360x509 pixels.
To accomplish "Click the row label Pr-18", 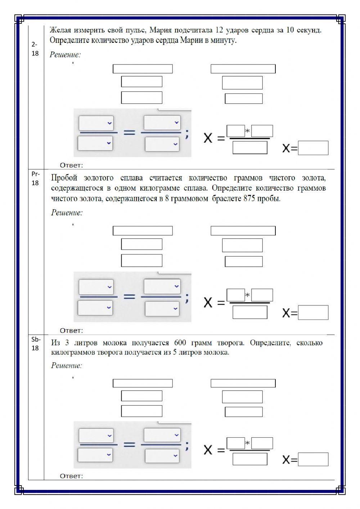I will point(35,178).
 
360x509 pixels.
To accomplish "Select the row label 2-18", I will point(35,49).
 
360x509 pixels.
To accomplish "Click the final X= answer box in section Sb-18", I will point(313,459).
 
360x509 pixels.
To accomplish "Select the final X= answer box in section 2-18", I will point(313,148).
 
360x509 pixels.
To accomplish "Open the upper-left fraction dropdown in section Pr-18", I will point(96,287).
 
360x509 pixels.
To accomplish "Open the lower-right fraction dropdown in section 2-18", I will point(162,144).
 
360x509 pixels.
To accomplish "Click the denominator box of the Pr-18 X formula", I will point(250,312).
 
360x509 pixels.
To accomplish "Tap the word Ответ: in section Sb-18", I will point(71,476).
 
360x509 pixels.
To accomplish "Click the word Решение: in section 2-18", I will point(65,55).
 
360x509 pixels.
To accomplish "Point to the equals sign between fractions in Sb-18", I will point(129,445).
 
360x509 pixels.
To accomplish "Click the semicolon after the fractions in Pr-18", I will point(186,298).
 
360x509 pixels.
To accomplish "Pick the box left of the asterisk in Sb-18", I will point(236,443).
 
